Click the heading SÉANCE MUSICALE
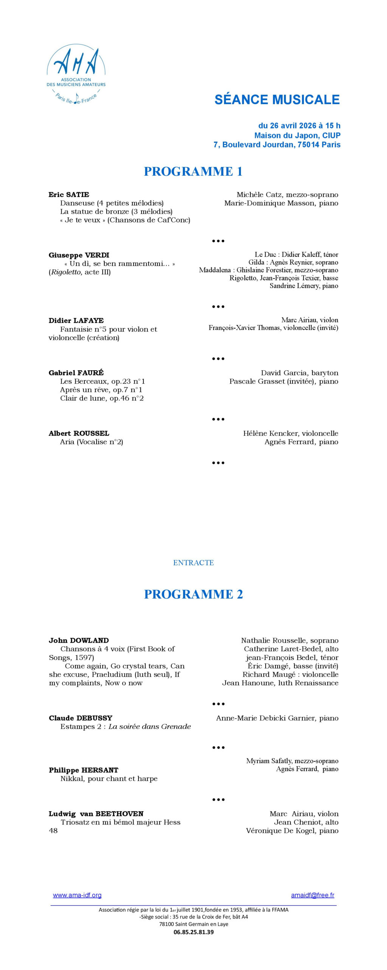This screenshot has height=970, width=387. pyautogui.click(x=277, y=99)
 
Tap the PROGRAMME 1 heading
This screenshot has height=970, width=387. pyautogui.click(x=193, y=171)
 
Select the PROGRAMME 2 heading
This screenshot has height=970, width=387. pyautogui.click(x=193, y=594)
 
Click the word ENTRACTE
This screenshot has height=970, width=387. pyautogui.click(x=193, y=563)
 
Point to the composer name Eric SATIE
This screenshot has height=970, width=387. pyautogui.click(x=69, y=195)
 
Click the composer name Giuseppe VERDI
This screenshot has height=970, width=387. pyautogui.click(x=79, y=255)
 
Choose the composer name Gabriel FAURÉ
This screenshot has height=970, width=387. pyautogui.click(x=76, y=372)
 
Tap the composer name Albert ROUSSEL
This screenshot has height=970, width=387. pyautogui.click(x=79, y=433)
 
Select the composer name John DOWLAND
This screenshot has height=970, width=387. pyautogui.click(x=79, y=640)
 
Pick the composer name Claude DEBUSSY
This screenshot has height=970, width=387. pyautogui.click(x=81, y=718)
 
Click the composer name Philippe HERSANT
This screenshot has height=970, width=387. pyautogui.click(x=84, y=770)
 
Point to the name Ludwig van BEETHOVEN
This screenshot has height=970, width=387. pyautogui.click(x=96, y=814)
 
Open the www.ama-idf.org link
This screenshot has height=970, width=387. pyautogui.click(x=77, y=895)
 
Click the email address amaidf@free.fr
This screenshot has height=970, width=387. pyautogui.click(x=312, y=895)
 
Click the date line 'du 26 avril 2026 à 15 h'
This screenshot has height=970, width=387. pyautogui.click(x=299, y=125)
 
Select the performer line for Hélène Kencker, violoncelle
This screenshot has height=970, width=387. pyautogui.click(x=291, y=433)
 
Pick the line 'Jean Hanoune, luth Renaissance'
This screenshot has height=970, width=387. pyautogui.click(x=280, y=683)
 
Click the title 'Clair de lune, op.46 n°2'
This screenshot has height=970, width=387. pyautogui.click(x=102, y=398)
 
